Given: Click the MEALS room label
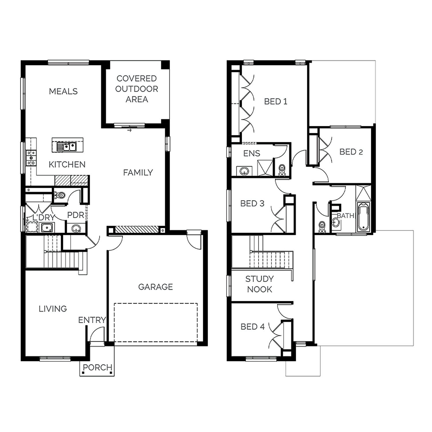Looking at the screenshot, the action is (63, 91).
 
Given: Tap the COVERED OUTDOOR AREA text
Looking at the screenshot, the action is (137, 89).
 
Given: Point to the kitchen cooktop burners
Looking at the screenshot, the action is (31, 158).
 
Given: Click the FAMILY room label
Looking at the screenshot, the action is (138, 173).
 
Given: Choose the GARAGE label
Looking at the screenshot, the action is (156, 287).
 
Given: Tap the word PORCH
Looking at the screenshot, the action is (97, 367).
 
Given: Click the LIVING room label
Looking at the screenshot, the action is (53, 309).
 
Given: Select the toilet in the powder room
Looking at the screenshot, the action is (60, 195).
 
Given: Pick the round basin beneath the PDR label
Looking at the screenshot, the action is (76, 229).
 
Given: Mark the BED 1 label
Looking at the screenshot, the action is (276, 101).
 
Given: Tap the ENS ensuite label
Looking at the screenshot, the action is (252, 153).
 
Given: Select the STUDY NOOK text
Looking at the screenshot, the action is (259, 284).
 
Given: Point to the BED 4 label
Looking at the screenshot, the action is (253, 327).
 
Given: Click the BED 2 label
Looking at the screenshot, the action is (351, 152).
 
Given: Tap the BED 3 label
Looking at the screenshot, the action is (252, 203).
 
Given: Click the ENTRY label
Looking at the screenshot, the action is (92, 320).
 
